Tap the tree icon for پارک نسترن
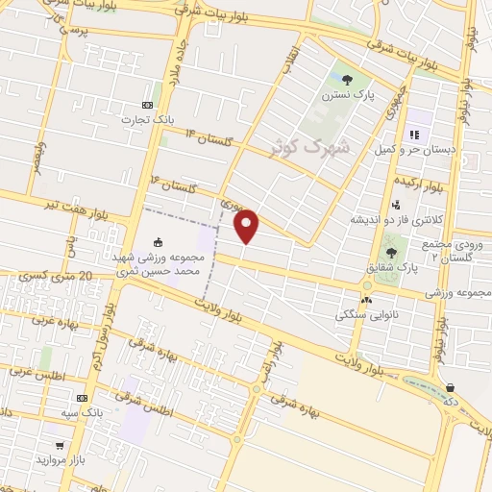[x=346, y=80]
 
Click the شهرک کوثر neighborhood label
[x=320, y=149]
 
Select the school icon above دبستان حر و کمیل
[x=416, y=134]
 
